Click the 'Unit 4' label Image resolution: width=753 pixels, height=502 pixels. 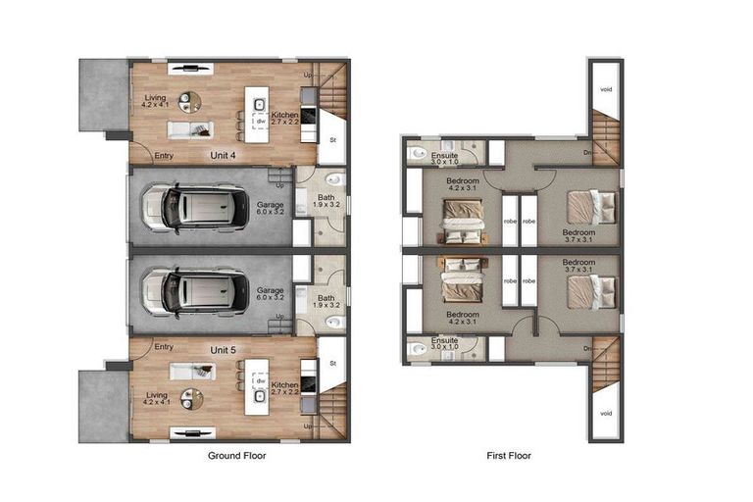click(x=225, y=155)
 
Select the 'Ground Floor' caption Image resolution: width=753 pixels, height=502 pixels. click(x=236, y=456)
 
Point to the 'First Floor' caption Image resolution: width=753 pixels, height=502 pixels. click(x=510, y=456)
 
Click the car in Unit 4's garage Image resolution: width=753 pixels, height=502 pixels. click(x=195, y=208)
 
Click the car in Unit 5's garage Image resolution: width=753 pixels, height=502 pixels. click(x=195, y=291)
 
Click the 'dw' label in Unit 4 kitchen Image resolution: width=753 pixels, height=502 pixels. click(x=262, y=122)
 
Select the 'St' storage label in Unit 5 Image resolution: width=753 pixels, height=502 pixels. click(x=333, y=363)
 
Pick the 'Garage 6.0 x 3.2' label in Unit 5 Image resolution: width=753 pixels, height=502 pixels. click(x=270, y=295)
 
